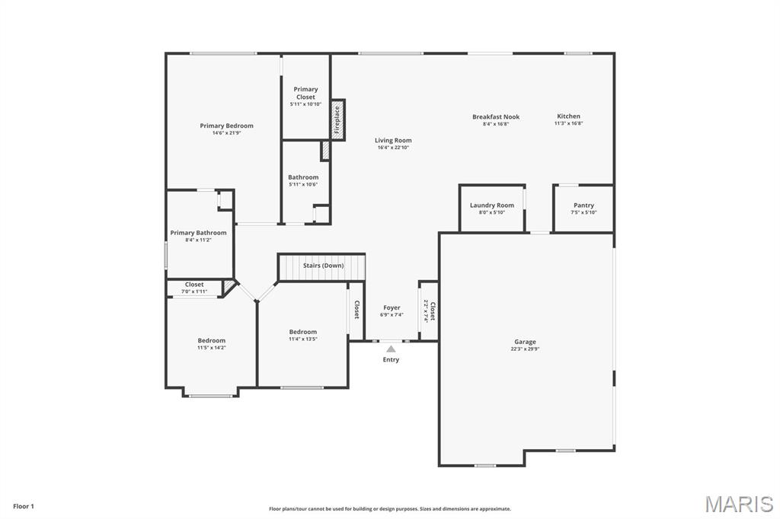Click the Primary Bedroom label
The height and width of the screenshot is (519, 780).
[x=226, y=126]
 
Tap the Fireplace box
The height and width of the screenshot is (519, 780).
[x=337, y=119]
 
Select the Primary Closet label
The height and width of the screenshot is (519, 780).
[x=305, y=93]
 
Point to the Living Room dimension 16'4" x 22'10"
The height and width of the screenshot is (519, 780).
[x=393, y=148]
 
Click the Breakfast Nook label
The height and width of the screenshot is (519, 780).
[x=495, y=116]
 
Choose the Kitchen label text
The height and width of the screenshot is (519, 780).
[x=568, y=116]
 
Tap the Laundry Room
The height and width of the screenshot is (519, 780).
[x=491, y=208]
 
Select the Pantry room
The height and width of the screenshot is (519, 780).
[x=583, y=208]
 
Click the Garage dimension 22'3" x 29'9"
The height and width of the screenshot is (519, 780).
[x=525, y=349]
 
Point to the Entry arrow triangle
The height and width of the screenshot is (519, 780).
[x=391, y=349]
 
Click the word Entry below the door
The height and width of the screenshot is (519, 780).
[x=391, y=359]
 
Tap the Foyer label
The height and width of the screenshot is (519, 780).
[x=392, y=307]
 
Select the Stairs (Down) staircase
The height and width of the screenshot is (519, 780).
[x=321, y=267]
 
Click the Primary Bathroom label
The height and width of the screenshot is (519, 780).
[x=198, y=233]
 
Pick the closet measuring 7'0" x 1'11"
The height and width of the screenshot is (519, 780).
[x=194, y=288]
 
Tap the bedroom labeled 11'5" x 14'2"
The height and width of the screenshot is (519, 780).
[x=211, y=343]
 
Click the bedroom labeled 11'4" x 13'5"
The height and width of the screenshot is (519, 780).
[x=302, y=335]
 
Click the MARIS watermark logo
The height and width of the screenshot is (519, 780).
[x=738, y=504]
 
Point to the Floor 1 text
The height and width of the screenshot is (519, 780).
[x=24, y=506]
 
